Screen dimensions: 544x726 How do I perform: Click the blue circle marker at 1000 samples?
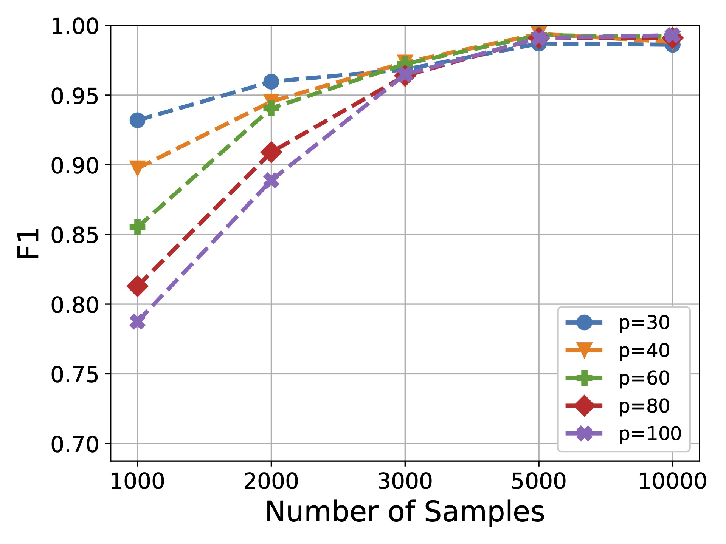pyautogui.click(x=137, y=121)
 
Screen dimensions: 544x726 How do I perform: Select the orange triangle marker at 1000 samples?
pyautogui.click(x=137, y=167)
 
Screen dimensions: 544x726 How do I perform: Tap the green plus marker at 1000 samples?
pyautogui.click(x=137, y=227)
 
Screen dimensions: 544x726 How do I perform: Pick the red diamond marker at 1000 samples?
pyautogui.click(x=137, y=286)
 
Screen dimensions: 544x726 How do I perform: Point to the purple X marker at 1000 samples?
pyautogui.click(x=137, y=322)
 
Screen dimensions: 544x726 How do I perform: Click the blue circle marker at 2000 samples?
pyautogui.click(x=271, y=81)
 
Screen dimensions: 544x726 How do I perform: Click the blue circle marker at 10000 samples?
pyautogui.click(x=672, y=45)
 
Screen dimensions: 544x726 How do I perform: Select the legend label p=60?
pyautogui.click(x=644, y=378)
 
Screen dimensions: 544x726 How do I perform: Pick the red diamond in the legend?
pyautogui.click(x=584, y=406)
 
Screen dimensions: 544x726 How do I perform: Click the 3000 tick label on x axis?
pyautogui.click(x=405, y=482)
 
